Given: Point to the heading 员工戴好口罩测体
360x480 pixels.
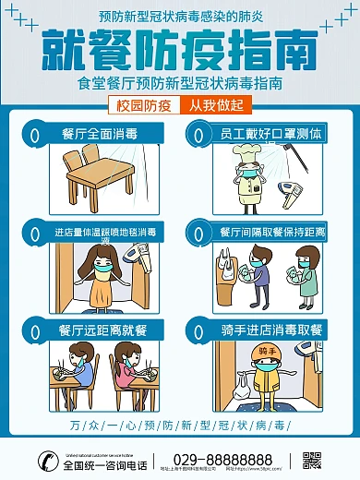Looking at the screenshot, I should tap(271, 134).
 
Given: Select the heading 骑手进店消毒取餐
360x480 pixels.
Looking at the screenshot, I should tap(271, 330).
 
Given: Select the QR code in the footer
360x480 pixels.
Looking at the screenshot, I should tap(312, 460).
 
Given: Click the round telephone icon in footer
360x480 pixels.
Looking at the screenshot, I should tap(42, 460).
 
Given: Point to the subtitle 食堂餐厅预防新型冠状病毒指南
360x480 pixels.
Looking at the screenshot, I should tap(179, 83).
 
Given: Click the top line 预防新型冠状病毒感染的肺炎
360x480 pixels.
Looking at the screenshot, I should tap(179, 17).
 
